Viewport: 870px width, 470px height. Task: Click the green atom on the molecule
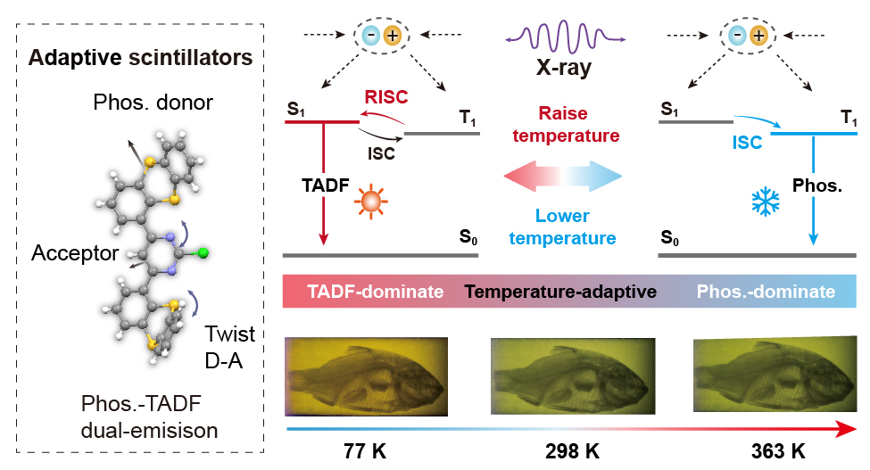click(203, 254)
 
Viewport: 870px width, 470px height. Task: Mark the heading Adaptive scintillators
click(140, 59)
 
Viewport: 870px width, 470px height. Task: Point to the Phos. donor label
click(153, 103)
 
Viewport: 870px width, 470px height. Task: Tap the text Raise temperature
click(576, 125)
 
